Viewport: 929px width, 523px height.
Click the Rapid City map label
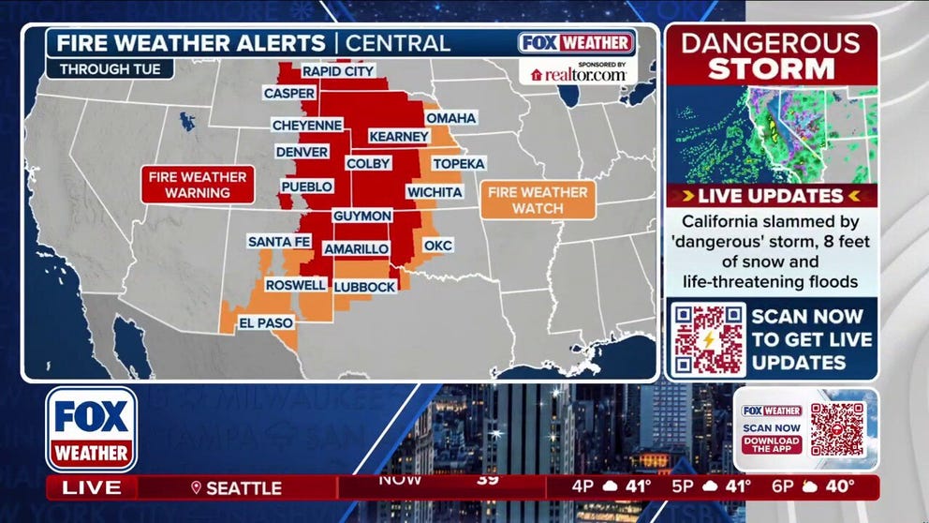(x=338, y=71)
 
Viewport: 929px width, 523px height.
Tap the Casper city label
(x=289, y=94)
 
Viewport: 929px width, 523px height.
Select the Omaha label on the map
(x=451, y=118)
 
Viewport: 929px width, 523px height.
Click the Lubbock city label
(x=365, y=287)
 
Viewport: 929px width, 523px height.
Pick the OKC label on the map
(x=438, y=246)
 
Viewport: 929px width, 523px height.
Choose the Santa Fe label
(x=278, y=242)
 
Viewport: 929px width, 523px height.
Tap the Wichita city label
(x=435, y=192)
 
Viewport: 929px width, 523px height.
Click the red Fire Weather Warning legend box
(x=199, y=185)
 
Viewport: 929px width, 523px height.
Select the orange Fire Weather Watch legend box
(x=538, y=200)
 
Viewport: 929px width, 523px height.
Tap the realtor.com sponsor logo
(x=578, y=74)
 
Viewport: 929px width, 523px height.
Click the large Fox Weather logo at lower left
(x=91, y=429)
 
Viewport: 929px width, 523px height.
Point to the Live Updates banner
(x=771, y=196)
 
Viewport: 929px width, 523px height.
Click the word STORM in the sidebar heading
(x=771, y=68)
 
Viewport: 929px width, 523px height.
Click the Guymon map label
(x=362, y=216)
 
